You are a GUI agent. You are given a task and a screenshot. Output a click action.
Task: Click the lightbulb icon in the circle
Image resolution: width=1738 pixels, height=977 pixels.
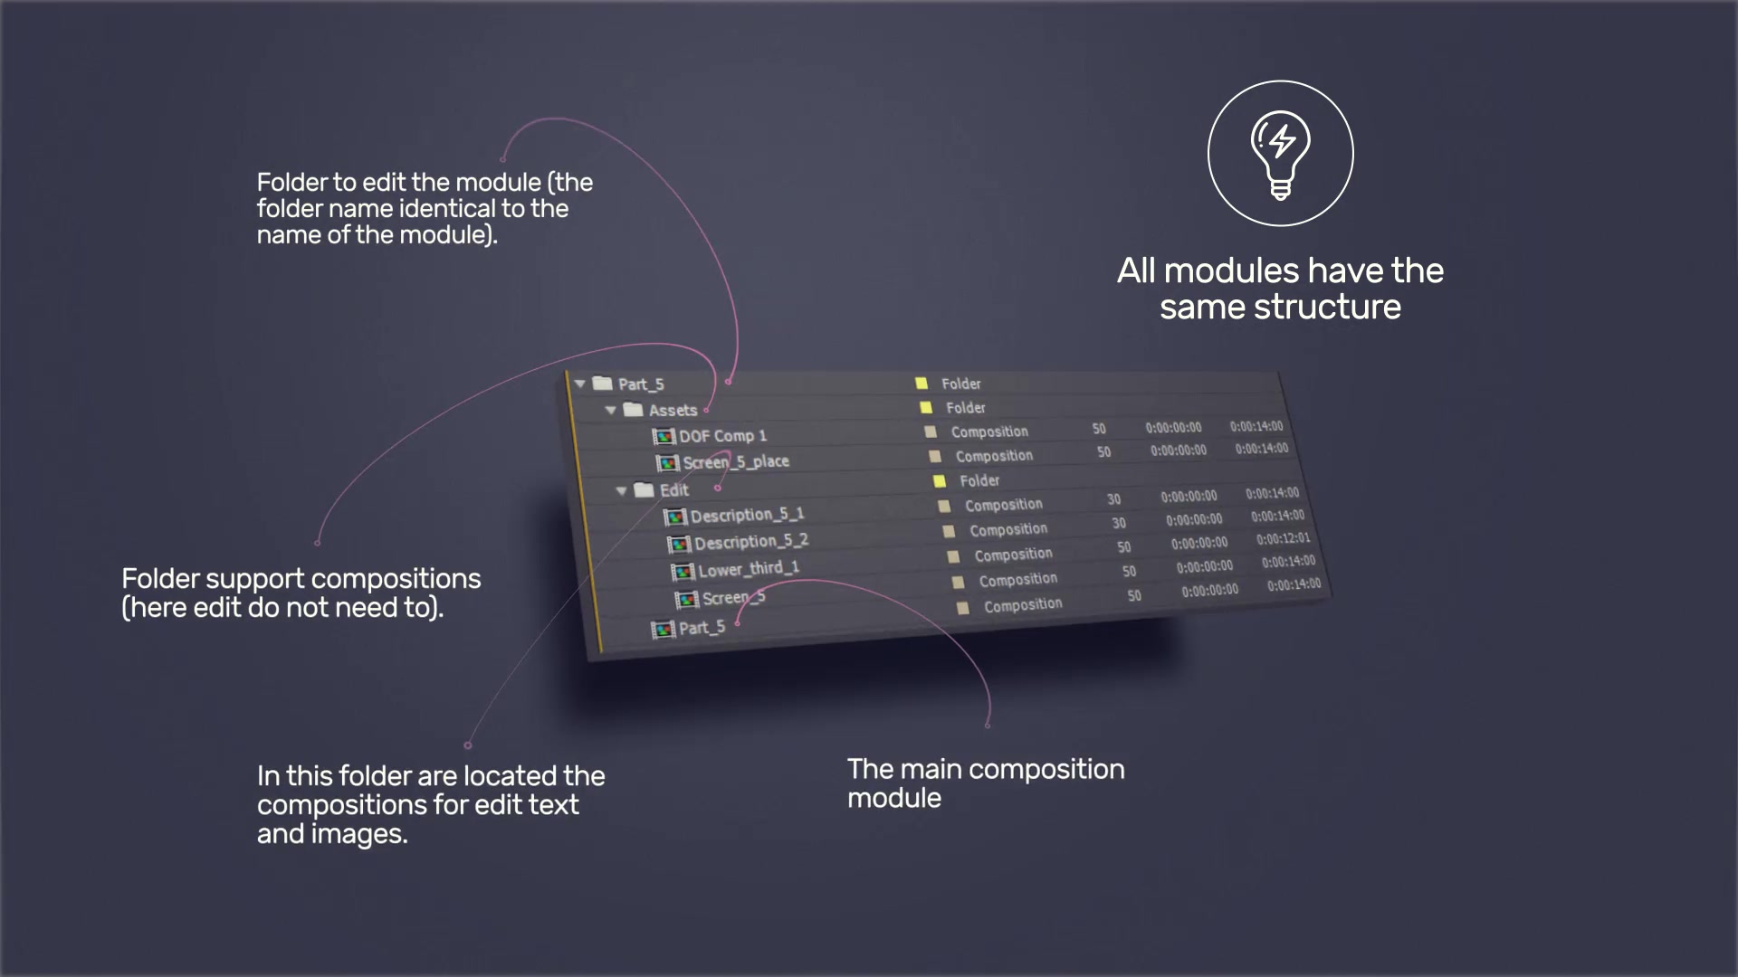pyautogui.click(x=1280, y=154)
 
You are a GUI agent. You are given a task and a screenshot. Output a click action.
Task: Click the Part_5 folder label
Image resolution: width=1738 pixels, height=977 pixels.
pyautogui.click(x=641, y=384)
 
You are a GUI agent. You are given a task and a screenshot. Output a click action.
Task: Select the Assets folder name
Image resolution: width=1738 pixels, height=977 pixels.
pyautogui.click(x=673, y=410)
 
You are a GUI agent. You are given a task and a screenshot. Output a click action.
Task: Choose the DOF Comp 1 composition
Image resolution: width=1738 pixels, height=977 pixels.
pyautogui.click(x=722, y=436)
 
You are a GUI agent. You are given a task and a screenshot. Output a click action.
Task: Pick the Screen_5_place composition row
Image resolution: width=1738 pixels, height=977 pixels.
pyautogui.click(x=736, y=461)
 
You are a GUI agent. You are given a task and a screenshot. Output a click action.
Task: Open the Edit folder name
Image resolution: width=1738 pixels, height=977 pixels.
pyautogui.click(x=674, y=489)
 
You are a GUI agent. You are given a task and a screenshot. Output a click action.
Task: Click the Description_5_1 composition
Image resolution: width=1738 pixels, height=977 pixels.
pyautogui.click(x=747, y=515)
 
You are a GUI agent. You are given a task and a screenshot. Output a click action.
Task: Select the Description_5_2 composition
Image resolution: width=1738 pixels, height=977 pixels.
pyautogui.click(x=751, y=541)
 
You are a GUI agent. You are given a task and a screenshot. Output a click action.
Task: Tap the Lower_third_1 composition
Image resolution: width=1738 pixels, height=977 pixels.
pyautogui.click(x=749, y=569)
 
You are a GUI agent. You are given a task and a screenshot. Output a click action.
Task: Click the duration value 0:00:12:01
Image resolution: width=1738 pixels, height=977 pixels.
pyautogui.click(x=1283, y=539)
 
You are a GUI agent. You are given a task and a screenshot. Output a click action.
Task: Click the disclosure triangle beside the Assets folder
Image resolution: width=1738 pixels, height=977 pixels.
pyautogui.click(x=611, y=410)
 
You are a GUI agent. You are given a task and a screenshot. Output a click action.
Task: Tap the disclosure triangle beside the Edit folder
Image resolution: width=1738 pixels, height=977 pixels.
pyautogui.click(x=621, y=490)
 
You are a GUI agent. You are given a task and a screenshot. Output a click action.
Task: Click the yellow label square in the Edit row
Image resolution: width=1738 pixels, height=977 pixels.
pyautogui.click(x=940, y=480)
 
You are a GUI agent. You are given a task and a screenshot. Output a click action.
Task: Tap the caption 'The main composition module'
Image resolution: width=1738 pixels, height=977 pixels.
pyautogui.click(x=986, y=783)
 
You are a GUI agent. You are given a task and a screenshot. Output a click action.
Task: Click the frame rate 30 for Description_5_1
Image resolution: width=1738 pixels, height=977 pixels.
pyautogui.click(x=1113, y=499)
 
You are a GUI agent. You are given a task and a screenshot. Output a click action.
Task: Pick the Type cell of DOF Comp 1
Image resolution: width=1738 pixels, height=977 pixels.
pyautogui.click(x=989, y=432)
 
